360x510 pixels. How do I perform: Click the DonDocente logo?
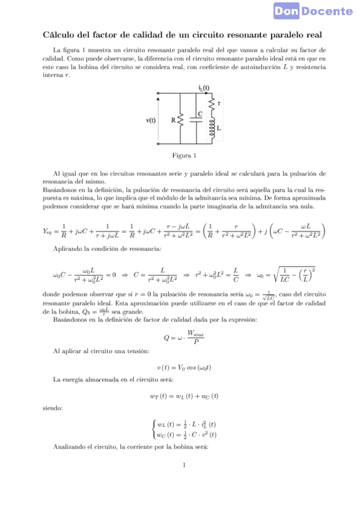[x=322, y=11]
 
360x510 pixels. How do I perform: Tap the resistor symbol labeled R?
[x=180, y=120]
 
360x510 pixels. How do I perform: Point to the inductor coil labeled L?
[x=212, y=129]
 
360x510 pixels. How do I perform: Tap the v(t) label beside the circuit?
[x=151, y=120]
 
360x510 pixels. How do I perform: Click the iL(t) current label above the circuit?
[x=204, y=87]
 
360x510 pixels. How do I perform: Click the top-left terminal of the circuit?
[x=157, y=94]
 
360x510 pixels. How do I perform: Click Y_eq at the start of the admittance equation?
[x=49, y=231]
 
